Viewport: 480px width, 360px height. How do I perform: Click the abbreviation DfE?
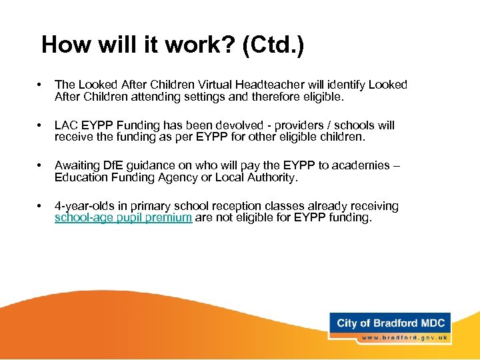[x=113, y=166]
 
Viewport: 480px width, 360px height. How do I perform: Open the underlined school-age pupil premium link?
[x=123, y=218]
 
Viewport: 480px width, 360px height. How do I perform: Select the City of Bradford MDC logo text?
[x=390, y=323]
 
